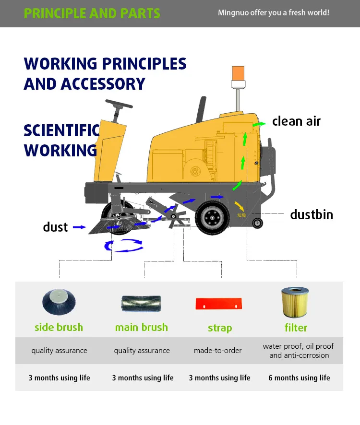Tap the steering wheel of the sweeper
119,104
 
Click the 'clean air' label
296,121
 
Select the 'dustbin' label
311,214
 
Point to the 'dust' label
55,227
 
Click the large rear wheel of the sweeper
213,218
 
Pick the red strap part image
219,304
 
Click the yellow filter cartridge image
295,302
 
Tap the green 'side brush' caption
59,328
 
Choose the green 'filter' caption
296,328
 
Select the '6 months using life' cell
299,378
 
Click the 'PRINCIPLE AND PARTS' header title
92,13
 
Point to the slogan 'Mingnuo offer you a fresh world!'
274,12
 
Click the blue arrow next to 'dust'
77,227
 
